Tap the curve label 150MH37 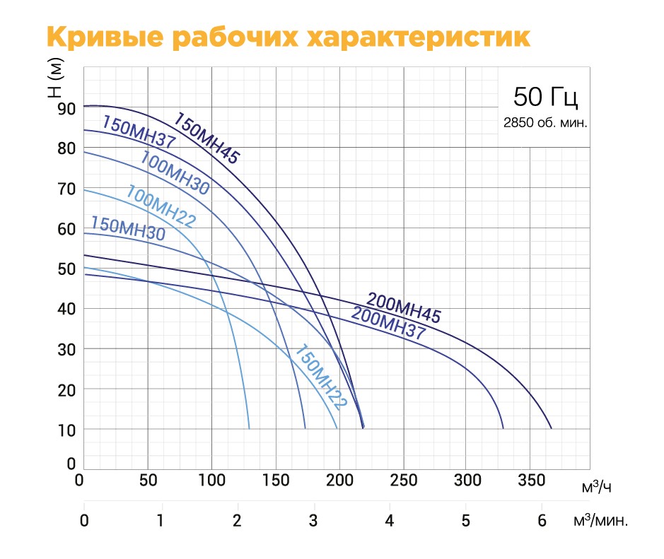pos(139,131)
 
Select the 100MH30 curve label pos(175,173)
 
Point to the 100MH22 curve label pos(161,206)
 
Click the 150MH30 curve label pos(128,228)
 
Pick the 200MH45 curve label pos(403,307)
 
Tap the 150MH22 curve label pos(320,377)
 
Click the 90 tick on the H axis pos(66,109)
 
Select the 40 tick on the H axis pos(66,309)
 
